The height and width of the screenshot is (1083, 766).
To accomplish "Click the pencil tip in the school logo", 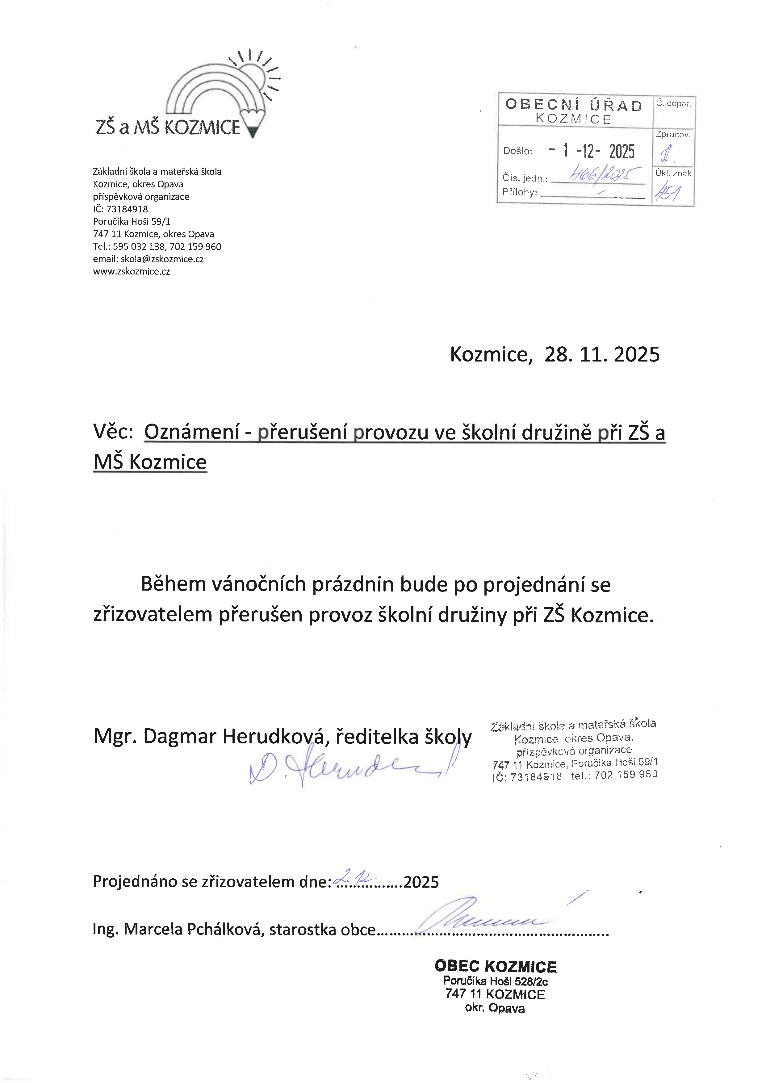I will (x=253, y=132).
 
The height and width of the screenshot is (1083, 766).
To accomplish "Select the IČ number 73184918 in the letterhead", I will (x=127, y=209).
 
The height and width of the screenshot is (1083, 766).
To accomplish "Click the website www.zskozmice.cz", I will (x=132, y=272).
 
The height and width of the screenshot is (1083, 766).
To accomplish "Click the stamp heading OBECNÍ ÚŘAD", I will (x=574, y=105).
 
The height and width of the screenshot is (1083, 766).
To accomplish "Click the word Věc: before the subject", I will (x=113, y=432).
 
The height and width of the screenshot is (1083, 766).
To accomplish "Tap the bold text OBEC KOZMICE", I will (x=495, y=967).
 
